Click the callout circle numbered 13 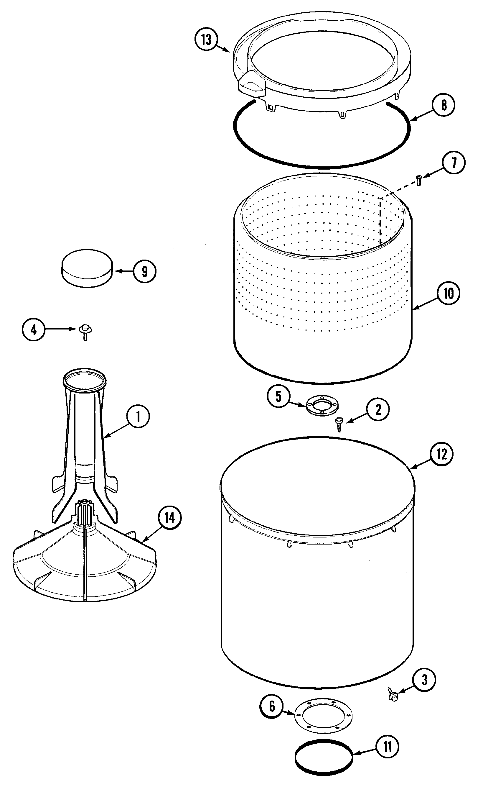click(x=206, y=40)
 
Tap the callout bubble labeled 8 click(x=444, y=105)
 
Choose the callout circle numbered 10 click(x=449, y=294)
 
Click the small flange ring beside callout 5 click(x=322, y=406)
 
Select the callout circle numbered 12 click(x=441, y=454)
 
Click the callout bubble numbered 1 click(x=138, y=417)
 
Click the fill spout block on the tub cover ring click(x=252, y=84)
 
